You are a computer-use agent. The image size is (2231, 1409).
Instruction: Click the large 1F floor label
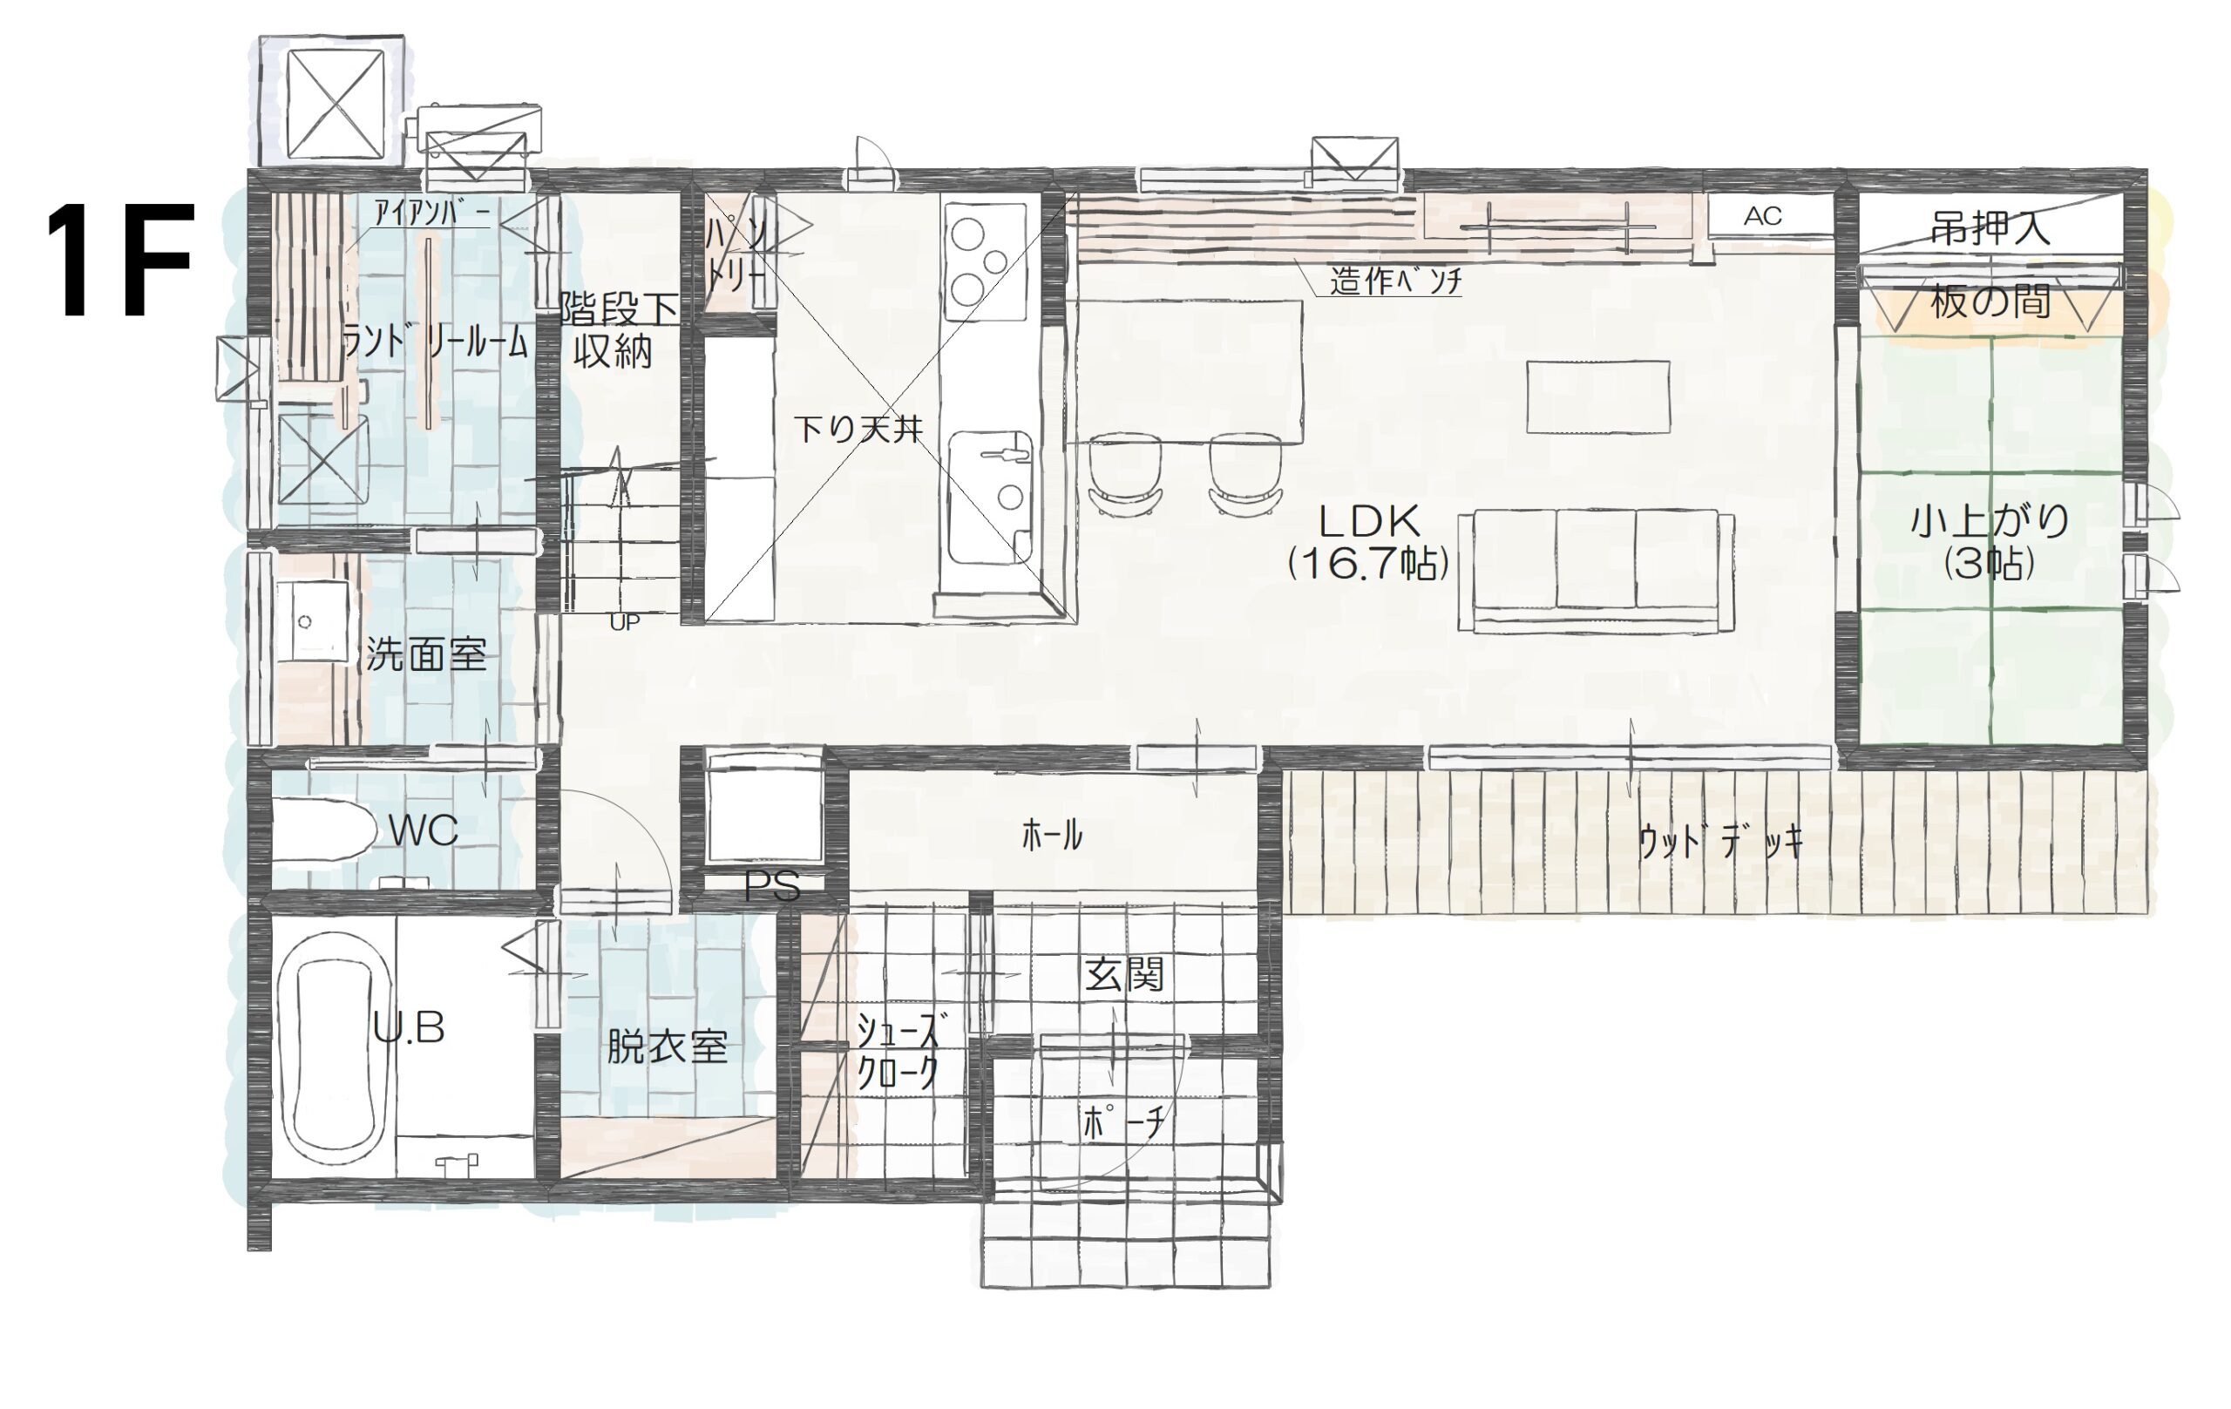coord(119,261)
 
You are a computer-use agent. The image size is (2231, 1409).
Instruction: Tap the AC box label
coord(1762,216)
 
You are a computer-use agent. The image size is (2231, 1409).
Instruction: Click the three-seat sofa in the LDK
coord(1596,570)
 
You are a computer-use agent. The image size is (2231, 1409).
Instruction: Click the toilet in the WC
coord(322,831)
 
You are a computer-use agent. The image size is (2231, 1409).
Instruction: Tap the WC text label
coord(424,831)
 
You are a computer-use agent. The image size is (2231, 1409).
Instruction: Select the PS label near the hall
coord(772,886)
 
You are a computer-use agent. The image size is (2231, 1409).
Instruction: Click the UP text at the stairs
coord(625,622)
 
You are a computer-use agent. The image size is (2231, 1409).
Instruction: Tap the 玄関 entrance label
coord(1124,974)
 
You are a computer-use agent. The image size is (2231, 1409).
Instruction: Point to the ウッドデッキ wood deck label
coord(1720,843)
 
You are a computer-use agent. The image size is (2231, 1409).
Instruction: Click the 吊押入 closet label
coord(1990,228)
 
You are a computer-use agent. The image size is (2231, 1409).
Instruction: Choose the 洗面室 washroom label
coord(426,655)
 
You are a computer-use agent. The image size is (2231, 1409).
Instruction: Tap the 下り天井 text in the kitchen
coord(858,430)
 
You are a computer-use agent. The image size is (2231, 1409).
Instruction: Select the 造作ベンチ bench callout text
coord(1395,281)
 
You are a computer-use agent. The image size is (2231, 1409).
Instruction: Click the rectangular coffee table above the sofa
coord(1597,396)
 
